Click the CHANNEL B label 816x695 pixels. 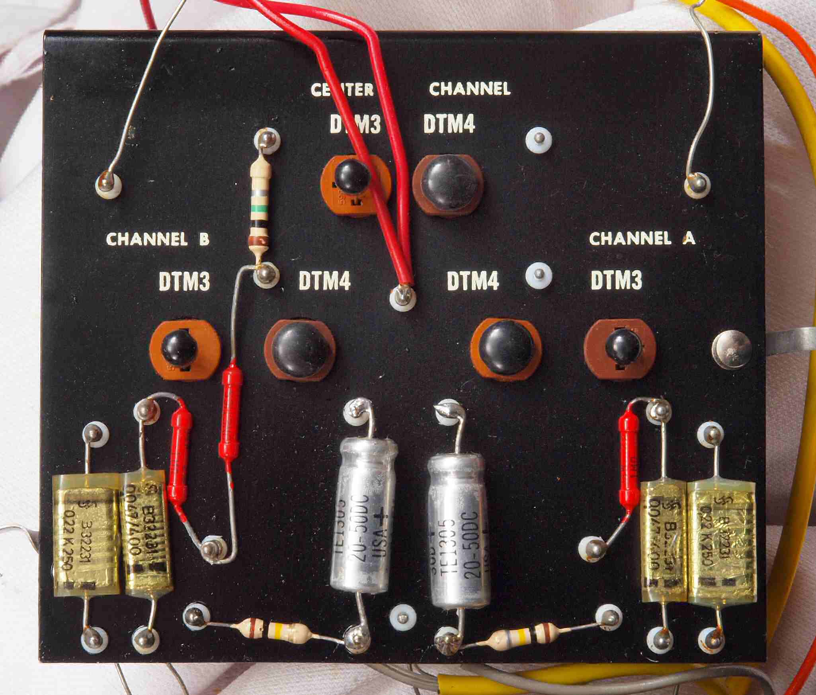pos(158,240)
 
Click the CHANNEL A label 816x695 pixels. pos(642,239)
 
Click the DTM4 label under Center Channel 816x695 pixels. pos(449,125)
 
